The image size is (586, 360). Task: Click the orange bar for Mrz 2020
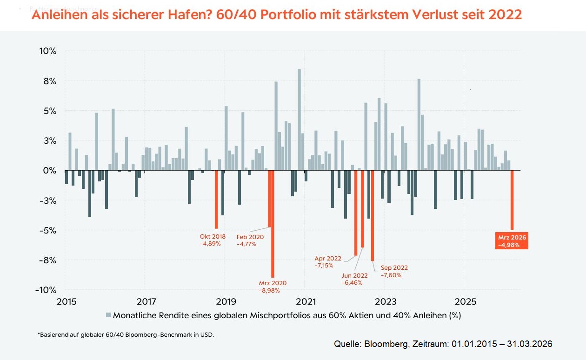coord(273,224)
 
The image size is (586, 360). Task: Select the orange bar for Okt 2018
coord(216,199)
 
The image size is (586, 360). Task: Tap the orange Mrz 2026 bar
coord(512,200)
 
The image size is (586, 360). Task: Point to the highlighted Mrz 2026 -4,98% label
coord(512,241)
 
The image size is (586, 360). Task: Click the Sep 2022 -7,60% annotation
coord(394,271)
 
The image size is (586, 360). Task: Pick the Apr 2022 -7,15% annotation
coord(328,262)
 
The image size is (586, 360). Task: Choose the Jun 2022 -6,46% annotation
coord(354,279)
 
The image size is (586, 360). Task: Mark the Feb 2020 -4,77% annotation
coord(250,240)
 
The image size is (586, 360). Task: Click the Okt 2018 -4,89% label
coord(213,240)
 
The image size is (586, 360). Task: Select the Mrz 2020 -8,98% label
coord(273,287)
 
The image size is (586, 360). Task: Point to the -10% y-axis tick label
coord(46,290)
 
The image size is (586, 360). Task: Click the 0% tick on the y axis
coord(49,171)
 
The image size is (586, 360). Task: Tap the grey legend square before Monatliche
coord(109,315)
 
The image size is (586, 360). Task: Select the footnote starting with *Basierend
coord(126,334)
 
